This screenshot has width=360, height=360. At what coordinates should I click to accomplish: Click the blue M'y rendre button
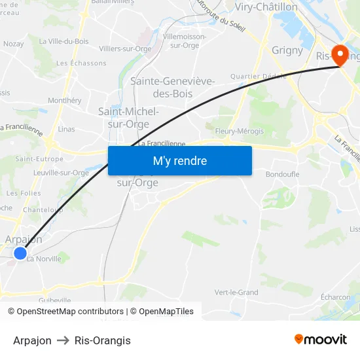coord(179,161)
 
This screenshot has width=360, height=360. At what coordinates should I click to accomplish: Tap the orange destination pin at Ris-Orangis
coord(340,54)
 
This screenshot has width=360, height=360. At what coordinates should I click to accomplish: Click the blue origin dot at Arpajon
coord(20,253)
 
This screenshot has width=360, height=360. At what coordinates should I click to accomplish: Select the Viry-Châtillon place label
coord(266,7)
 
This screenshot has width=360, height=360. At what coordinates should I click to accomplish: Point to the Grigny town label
coord(287,50)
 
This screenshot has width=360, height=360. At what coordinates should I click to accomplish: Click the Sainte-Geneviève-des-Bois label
coord(173,87)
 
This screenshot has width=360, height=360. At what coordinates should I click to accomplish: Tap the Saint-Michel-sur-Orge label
coord(128,118)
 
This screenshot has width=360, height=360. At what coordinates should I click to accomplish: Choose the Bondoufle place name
coord(283,174)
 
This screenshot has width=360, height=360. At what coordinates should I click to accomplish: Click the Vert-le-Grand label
coord(236,293)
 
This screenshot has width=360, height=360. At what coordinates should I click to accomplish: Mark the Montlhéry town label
coord(65,101)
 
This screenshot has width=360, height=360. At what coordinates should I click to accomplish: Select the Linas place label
coord(67,130)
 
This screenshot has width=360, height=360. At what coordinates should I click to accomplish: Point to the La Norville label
coord(44,259)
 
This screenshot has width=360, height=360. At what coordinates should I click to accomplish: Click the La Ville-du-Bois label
coord(63,41)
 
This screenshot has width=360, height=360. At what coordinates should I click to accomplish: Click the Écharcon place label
coord(335,297)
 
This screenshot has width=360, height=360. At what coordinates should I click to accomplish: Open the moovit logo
coord(321,340)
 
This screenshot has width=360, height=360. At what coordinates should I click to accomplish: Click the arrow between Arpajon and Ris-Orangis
coord(63,340)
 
